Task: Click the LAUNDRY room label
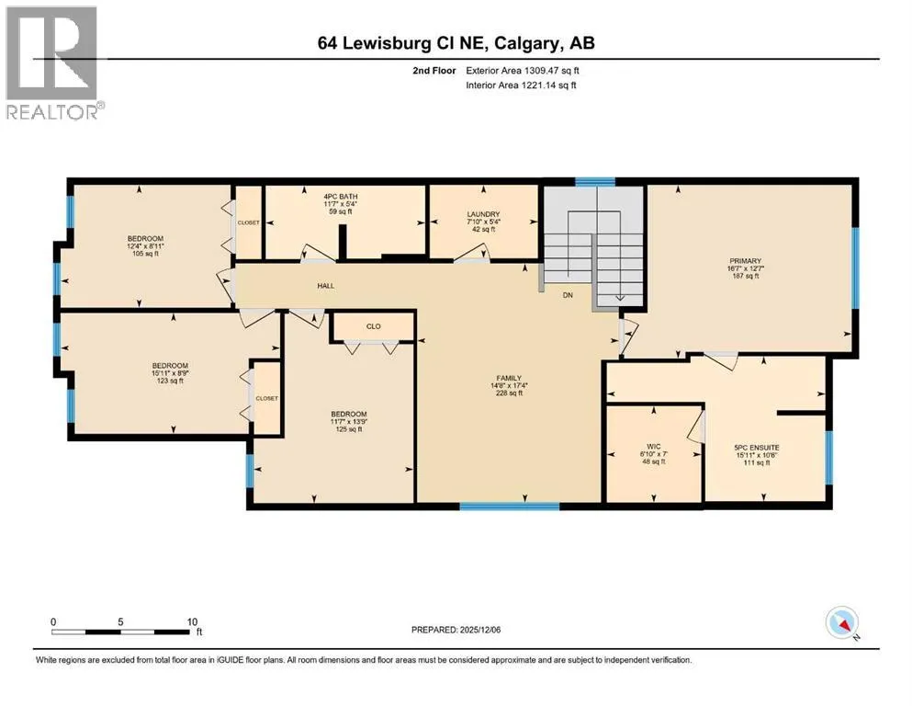tap(483, 214)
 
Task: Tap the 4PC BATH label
tap(341, 197)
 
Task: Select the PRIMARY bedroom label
tap(745, 261)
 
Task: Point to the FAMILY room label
tap(509, 378)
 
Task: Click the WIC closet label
tap(654, 447)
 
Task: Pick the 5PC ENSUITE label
tap(756, 448)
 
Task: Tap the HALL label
tap(326, 286)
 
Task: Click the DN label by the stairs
tap(568, 295)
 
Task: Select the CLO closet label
tap(374, 326)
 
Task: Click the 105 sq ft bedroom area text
tap(145, 254)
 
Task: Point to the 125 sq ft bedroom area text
tap(349, 429)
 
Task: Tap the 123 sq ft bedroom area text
tap(171, 381)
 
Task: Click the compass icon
tap(842, 622)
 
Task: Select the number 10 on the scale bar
tap(192, 621)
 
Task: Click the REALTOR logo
tap(54, 63)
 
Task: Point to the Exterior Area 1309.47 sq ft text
tap(523, 71)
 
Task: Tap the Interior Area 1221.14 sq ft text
tap(521, 85)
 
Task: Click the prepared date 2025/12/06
tap(479, 630)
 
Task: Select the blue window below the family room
tap(510, 507)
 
